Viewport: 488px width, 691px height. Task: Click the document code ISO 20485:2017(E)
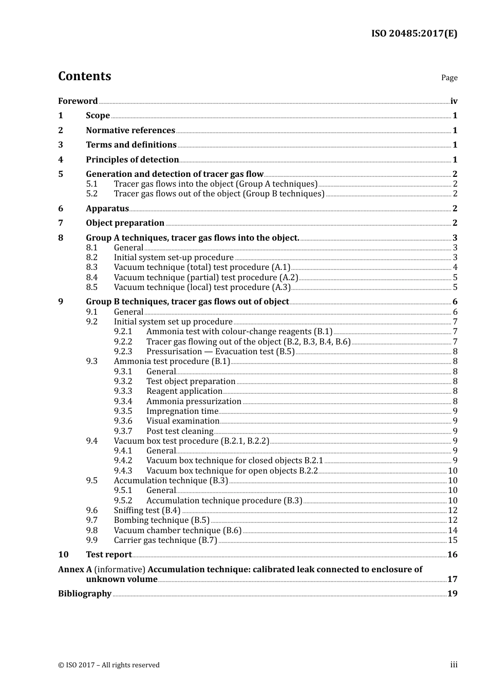click(414, 33)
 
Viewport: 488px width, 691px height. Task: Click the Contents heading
click(84, 76)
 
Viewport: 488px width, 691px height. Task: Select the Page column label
click(449, 78)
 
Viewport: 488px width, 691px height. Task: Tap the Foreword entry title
click(78, 101)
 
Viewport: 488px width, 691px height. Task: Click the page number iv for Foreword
click(454, 101)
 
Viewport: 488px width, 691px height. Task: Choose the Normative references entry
click(130, 130)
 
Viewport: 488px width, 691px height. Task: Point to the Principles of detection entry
click(132, 159)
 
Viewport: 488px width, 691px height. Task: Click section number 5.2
click(91, 194)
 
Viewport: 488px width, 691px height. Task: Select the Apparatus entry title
click(107, 208)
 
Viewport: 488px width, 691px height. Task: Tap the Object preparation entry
click(125, 223)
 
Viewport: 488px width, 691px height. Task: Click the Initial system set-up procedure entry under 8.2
click(174, 257)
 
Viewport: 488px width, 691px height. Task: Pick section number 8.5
click(91, 287)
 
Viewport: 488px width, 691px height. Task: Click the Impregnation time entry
click(182, 411)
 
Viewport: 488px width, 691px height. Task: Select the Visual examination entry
click(183, 421)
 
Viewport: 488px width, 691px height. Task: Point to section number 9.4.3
click(123, 470)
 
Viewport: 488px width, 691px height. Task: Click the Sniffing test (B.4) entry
click(147, 510)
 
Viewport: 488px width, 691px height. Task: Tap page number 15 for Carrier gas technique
click(453, 540)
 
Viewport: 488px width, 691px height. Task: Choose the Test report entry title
click(109, 554)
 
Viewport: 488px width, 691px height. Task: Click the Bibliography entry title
click(85, 593)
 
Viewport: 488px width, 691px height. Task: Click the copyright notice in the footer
click(109, 665)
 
